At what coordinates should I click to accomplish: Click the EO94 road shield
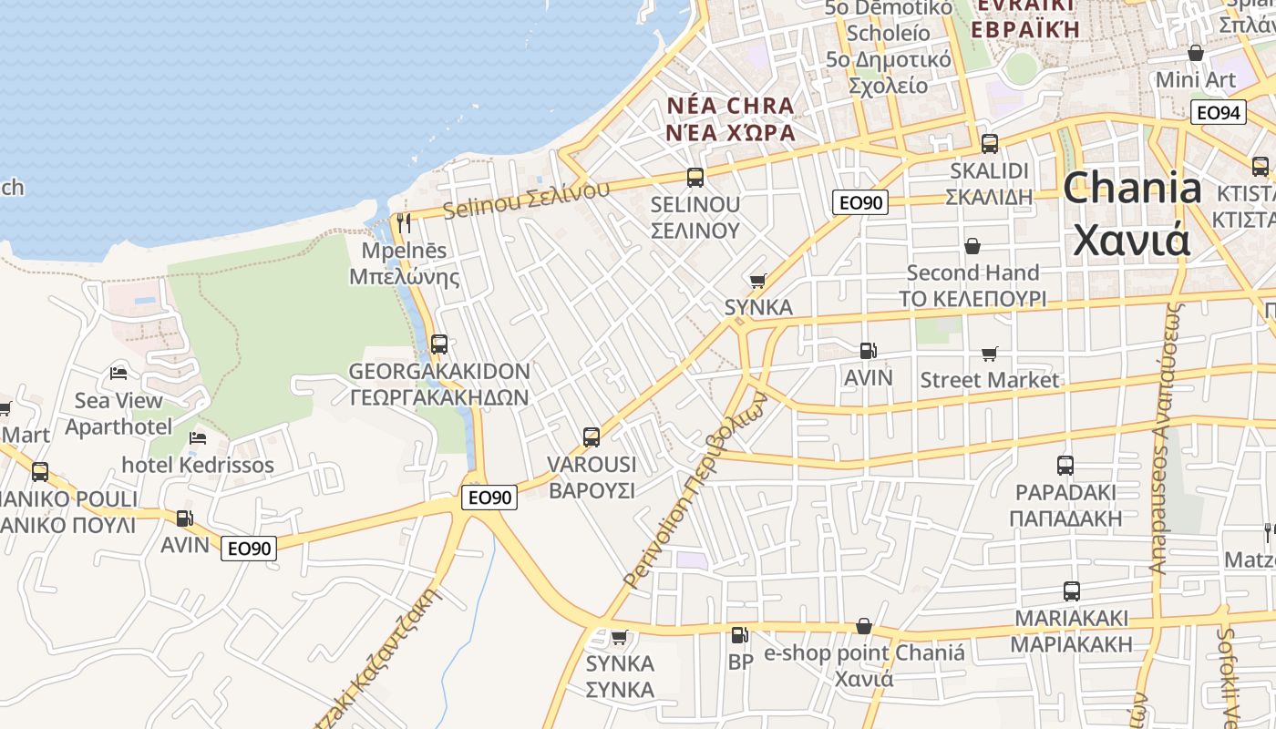(1218, 113)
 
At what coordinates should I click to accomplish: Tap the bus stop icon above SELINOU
(695, 178)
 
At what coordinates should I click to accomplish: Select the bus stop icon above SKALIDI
(989, 144)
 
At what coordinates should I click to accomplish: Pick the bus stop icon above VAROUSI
(592, 437)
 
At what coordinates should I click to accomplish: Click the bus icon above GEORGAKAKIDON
(439, 344)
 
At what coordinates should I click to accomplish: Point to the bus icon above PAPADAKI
(1065, 466)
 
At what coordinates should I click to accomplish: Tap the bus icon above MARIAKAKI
(1072, 591)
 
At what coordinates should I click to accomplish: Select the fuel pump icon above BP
(740, 634)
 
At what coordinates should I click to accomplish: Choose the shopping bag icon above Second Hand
(972, 246)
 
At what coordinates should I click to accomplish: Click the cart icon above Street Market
(990, 354)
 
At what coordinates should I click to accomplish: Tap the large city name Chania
(1133, 189)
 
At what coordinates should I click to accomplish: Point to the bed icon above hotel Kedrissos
(198, 438)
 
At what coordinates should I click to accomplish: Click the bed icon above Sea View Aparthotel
(118, 373)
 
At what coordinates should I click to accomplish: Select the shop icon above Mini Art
(1196, 53)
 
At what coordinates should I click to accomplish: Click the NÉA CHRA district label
(731, 106)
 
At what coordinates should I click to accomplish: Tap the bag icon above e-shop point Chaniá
(863, 627)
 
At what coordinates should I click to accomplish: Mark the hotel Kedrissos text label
(198, 466)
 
